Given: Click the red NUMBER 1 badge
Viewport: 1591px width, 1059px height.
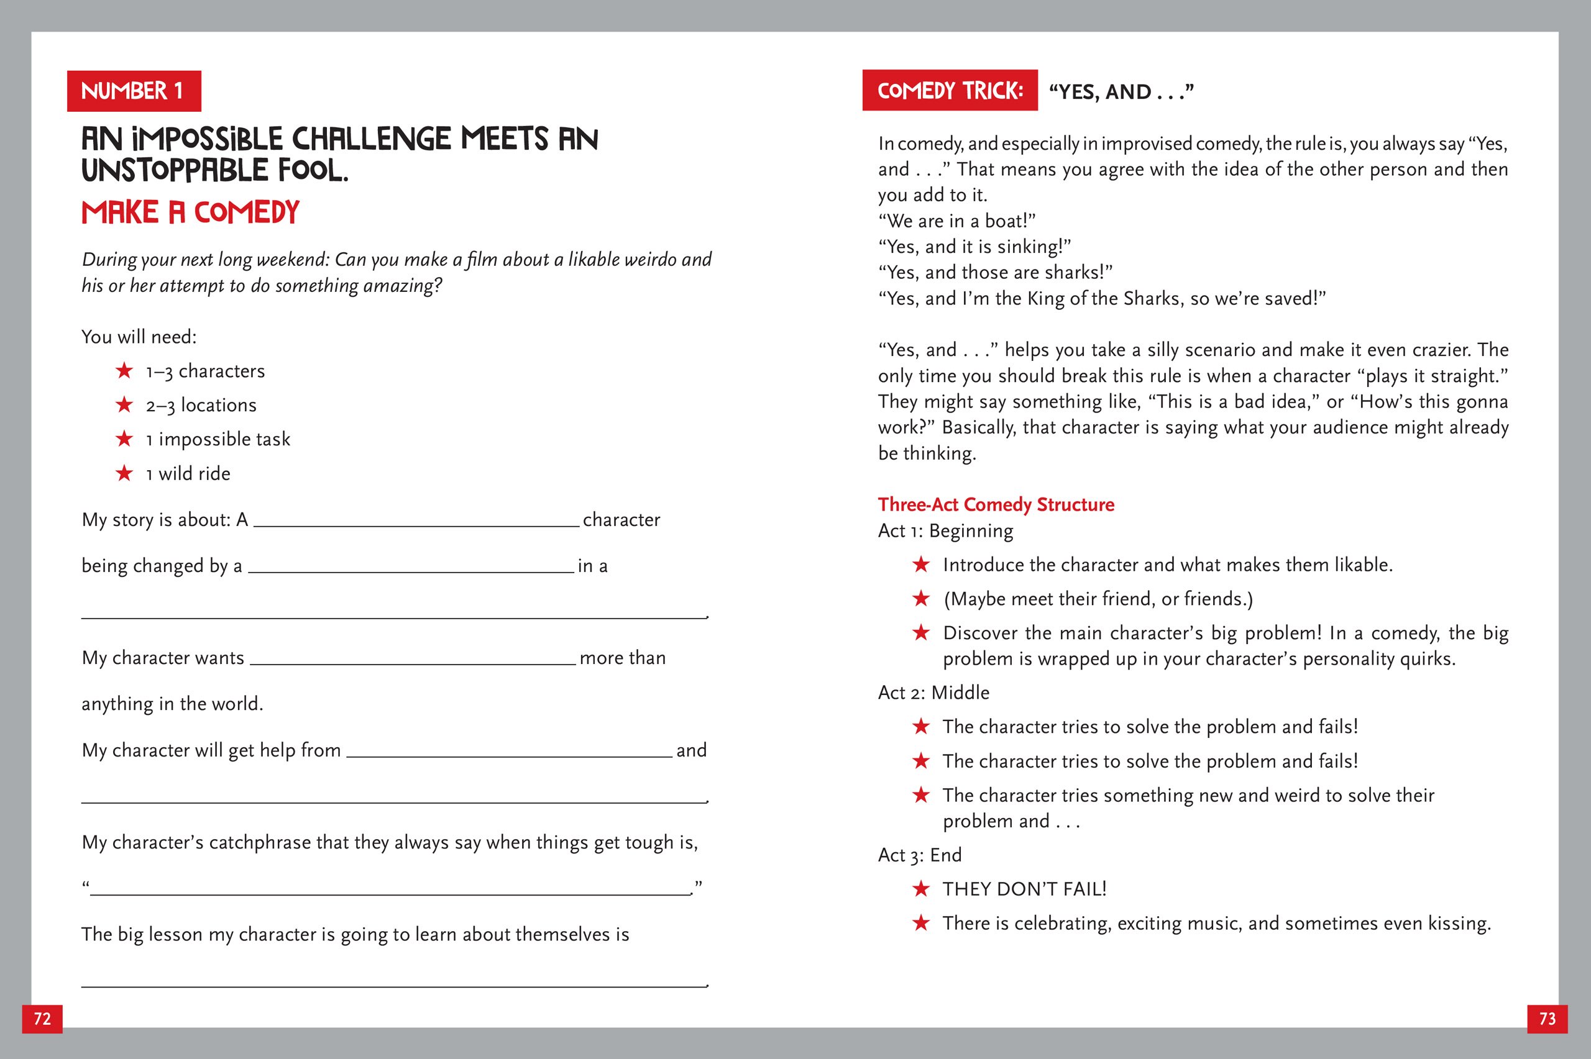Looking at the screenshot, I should point(134,91).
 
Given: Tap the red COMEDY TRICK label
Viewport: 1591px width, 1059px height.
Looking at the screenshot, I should point(949,91).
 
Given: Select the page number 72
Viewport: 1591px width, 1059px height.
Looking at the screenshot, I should point(42,1019).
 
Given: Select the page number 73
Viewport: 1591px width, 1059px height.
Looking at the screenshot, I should point(1547,1019).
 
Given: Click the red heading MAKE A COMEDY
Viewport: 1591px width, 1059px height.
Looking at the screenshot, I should point(191,213).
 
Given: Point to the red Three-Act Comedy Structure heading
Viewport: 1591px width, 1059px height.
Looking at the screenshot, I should point(996,504).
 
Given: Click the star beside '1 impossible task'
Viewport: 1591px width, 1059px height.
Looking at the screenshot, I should point(124,439).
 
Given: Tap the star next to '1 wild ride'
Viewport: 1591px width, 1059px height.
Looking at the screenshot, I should point(124,473).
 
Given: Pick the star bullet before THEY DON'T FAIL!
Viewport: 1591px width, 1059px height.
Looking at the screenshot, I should point(921,889).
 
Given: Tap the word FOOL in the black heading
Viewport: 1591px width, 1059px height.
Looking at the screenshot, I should point(313,170).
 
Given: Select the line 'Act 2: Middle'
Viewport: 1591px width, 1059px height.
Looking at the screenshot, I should point(933,693).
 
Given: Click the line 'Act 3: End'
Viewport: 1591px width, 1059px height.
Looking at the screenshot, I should point(919,855).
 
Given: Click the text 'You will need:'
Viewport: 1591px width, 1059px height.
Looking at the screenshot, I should point(139,337).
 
